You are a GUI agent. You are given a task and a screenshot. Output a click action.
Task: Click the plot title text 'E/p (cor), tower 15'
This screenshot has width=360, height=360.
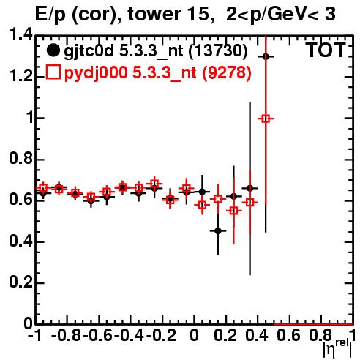point(124,15)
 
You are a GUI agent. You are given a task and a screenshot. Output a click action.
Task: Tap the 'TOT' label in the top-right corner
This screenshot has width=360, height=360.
point(326,50)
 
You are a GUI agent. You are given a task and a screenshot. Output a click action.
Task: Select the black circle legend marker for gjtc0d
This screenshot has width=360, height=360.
point(53,50)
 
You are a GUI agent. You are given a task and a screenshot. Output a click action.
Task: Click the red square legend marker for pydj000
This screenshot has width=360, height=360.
point(53,72)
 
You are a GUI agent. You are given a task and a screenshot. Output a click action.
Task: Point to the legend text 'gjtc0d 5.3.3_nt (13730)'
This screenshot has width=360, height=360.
point(156,51)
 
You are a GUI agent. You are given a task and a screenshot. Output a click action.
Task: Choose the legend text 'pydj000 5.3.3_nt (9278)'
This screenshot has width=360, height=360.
point(158,73)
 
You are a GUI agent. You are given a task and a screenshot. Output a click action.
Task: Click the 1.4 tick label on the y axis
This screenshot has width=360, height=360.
point(21,34)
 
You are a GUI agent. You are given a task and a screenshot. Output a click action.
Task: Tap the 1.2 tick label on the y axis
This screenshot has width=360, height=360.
point(21,76)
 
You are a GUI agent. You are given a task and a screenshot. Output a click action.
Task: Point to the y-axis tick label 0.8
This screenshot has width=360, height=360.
point(21,159)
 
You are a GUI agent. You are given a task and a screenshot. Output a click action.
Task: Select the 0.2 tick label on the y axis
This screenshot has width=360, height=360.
point(21,282)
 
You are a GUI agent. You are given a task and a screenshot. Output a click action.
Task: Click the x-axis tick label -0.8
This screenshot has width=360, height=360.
point(67,335)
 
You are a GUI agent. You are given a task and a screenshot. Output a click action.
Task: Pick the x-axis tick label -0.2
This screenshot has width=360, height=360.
point(161,335)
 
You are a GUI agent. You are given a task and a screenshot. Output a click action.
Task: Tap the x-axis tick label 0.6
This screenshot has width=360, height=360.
point(288,335)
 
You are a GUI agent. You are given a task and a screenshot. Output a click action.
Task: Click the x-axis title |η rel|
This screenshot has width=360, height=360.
point(337,348)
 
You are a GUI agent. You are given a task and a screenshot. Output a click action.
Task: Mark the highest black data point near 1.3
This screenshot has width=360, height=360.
point(266,56)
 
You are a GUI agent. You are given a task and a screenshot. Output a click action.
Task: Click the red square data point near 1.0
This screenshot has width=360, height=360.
point(266,119)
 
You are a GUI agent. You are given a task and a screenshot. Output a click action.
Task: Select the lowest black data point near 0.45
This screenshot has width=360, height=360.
point(218,230)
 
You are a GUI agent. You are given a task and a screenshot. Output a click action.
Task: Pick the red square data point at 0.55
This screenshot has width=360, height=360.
point(233,211)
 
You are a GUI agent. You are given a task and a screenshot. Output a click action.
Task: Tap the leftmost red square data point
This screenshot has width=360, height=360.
point(43,187)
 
